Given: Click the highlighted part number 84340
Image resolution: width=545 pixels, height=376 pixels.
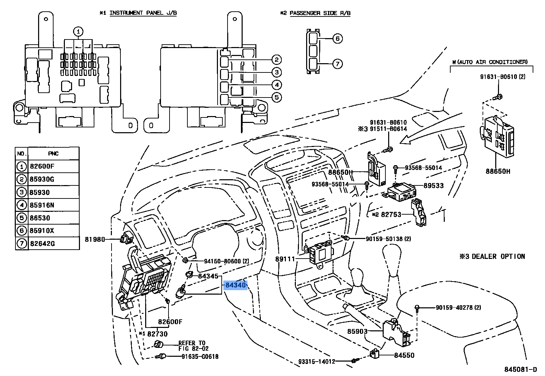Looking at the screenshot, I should [x=235, y=285].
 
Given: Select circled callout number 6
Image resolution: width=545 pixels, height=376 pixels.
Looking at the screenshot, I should [x=337, y=38].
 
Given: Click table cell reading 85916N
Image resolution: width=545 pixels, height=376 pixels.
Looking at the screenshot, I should [x=42, y=205].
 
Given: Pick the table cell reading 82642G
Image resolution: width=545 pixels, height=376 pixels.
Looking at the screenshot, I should [x=42, y=243].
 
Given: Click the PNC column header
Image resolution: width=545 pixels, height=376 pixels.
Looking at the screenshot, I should [x=53, y=153].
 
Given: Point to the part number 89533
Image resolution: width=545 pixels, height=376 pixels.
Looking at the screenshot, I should [x=433, y=186].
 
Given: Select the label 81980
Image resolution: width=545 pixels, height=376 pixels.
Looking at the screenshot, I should [x=95, y=239].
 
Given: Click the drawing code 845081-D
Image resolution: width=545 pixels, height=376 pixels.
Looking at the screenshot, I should [x=520, y=369].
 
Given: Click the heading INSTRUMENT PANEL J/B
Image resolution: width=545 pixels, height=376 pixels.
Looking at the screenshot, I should [x=143, y=13].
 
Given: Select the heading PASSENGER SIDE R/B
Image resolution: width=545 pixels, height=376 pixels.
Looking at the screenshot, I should [x=320, y=13].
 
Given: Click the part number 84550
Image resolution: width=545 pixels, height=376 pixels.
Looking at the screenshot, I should [x=404, y=355].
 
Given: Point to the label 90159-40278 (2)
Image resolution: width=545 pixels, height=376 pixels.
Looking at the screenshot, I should [x=458, y=308].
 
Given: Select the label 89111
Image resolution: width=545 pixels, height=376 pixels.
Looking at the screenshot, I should [x=285, y=259].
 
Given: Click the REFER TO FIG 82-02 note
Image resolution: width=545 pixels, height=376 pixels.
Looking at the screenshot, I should [x=193, y=345].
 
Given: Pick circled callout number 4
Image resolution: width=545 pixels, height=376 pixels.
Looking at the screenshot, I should [x=277, y=85].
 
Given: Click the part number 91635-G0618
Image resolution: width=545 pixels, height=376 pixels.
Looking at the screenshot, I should [x=200, y=357].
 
